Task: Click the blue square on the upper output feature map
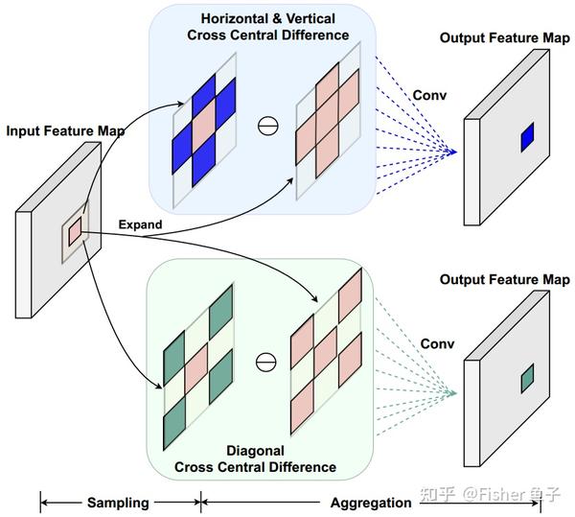tap(527, 137)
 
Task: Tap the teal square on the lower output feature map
tap(527, 378)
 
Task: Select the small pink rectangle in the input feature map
tap(75, 231)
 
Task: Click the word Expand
tap(140, 224)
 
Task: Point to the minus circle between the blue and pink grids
tap(268, 126)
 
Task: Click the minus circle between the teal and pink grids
tap(265, 363)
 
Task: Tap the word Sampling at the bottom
tap(118, 503)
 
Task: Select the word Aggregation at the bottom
tap(371, 503)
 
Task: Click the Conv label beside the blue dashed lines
tap(429, 95)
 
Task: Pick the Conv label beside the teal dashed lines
tap(437, 343)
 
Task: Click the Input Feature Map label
tap(65, 131)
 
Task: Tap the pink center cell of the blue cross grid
tap(204, 126)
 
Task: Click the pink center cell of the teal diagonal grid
tap(196, 369)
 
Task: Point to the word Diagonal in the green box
tap(255, 451)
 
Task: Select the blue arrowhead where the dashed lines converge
tap(453, 152)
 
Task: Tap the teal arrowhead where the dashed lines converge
tap(453, 393)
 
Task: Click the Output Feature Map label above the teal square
tap(505, 279)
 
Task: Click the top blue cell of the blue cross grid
tap(204, 95)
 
